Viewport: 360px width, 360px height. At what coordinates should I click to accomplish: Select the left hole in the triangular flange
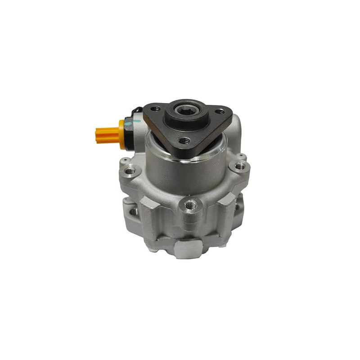click(155, 109)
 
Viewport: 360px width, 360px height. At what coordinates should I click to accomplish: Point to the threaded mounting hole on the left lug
click(130, 171)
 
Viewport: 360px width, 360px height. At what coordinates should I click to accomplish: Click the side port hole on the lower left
click(134, 211)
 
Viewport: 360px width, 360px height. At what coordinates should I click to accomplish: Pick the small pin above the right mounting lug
click(243, 156)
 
